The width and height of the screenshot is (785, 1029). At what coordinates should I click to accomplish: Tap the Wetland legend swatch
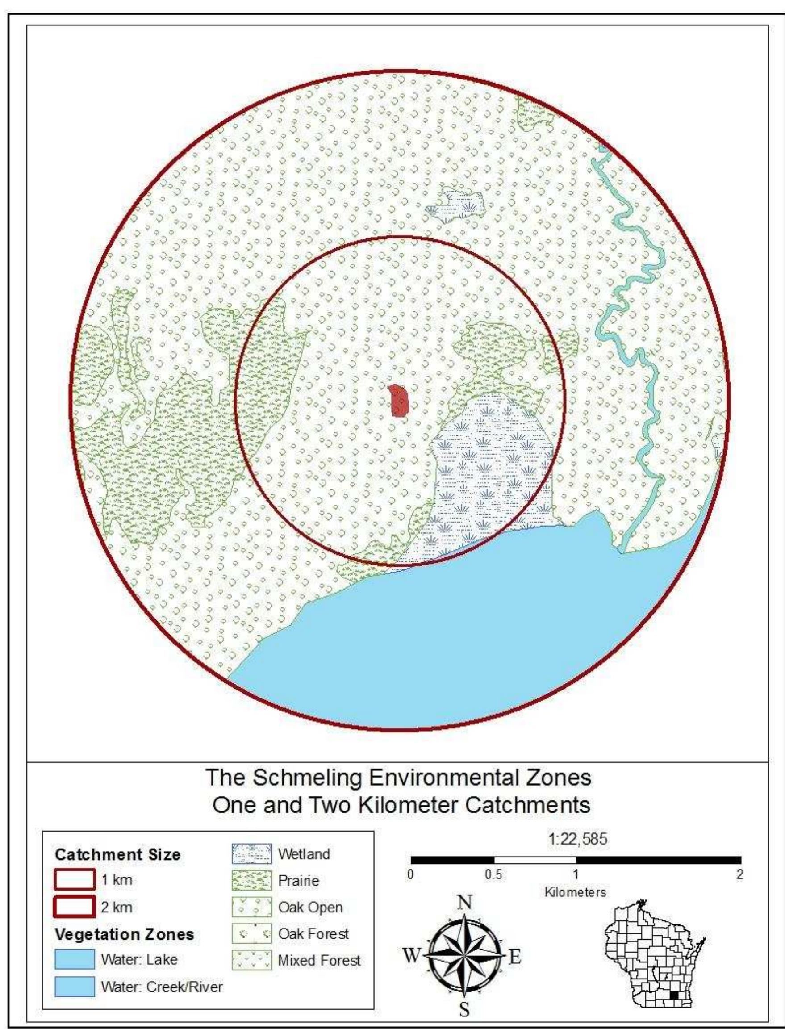(251, 854)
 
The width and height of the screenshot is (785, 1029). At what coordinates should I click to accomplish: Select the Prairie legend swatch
(251, 881)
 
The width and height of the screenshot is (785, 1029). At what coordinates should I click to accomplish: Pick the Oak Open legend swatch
(251, 908)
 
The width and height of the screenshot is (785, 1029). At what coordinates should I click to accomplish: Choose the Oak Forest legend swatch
(251, 934)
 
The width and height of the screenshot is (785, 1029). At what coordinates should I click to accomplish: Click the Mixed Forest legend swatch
(251, 961)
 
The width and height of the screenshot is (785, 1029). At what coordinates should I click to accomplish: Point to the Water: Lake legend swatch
(74, 960)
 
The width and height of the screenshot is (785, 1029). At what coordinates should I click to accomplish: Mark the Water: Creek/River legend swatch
(74, 987)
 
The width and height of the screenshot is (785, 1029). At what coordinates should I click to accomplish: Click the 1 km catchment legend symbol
(75, 880)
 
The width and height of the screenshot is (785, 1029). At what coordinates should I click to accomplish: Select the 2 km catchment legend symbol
(75, 907)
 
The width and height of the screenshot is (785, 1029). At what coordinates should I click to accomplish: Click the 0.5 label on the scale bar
(493, 875)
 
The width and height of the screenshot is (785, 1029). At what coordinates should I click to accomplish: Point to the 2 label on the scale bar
(739, 875)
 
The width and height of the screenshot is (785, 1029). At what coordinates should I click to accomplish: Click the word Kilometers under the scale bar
(575, 892)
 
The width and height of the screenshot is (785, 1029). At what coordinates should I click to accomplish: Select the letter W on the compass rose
(412, 957)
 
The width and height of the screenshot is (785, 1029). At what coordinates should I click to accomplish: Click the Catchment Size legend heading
(117, 855)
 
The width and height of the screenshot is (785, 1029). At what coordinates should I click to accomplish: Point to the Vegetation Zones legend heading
(124, 935)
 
